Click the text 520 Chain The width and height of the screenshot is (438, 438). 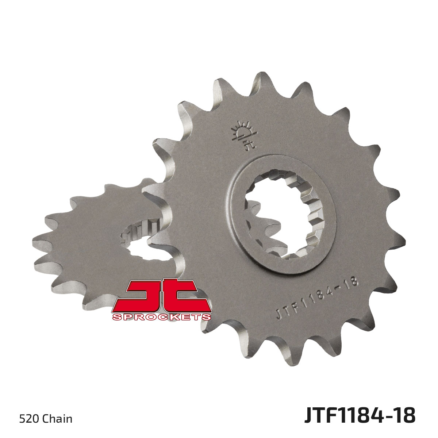coord(45,418)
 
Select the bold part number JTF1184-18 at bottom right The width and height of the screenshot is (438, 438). coord(360,416)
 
